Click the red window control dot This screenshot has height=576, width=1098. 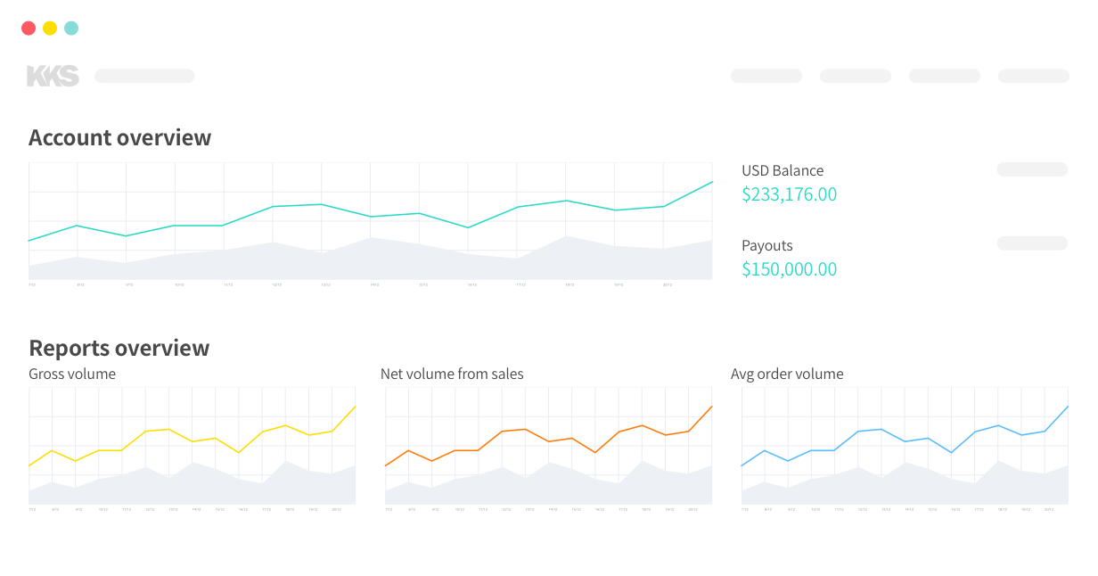[x=29, y=29]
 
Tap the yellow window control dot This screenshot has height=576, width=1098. [x=50, y=29]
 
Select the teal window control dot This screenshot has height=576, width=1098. [x=71, y=29]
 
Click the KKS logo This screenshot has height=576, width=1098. [x=53, y=77]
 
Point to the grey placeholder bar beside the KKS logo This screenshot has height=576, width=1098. [x=144, y=77]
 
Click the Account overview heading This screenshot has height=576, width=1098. [x=119, y=137]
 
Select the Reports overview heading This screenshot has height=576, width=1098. [x=119, y=348]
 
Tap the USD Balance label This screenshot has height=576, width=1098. [x=783, y=170]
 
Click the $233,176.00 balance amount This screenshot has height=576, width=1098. [x=789, y=194]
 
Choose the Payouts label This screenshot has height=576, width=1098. [x=766, y=245]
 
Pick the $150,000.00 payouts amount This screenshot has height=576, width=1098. [x=789, y=269]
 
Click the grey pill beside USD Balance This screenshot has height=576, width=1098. [x=1031, y=169]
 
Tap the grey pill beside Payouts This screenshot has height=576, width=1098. [x=1031, y=243]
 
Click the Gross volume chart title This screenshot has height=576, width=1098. [x=72, y=374]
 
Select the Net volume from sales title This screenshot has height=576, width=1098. [x=452, y=374]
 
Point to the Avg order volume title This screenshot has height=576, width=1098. [x=787, y=374]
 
